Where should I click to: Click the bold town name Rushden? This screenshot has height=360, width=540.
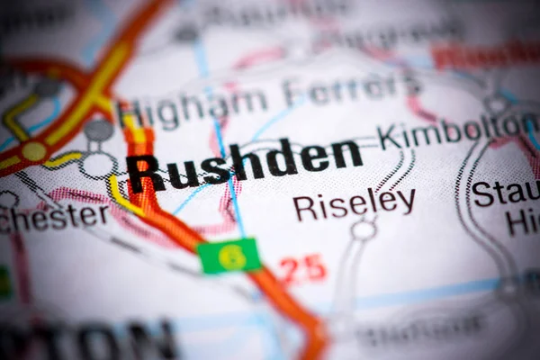tap(245, 164)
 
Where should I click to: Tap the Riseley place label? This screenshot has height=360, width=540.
tap(354, 204)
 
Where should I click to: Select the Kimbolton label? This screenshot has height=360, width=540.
tap(454, 131)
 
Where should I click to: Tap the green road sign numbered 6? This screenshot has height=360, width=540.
tap(230, 256)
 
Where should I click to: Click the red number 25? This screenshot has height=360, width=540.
tap(301, 268)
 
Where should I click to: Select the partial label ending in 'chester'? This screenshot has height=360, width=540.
tap(54, 217)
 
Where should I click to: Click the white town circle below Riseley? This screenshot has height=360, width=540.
tap(364, 230)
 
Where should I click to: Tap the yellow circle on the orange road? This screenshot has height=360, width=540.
tap(34, 151)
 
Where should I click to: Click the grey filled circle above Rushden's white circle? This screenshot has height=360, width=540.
tap(99, 130)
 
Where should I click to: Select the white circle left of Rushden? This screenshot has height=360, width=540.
tap(97, 166)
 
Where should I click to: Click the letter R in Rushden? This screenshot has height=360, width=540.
tap(145, 172)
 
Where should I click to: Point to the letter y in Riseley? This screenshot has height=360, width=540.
tap(407, 203)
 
